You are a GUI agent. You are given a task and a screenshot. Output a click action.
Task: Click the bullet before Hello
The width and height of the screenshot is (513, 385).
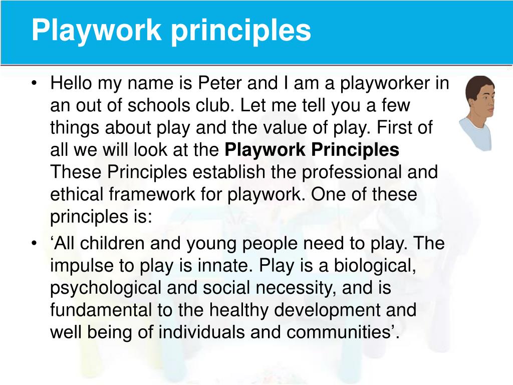34,83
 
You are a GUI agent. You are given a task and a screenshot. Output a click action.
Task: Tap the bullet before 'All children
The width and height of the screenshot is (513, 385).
34,244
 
